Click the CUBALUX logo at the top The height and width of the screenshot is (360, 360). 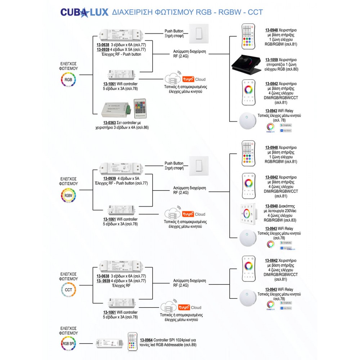tap(84, 12)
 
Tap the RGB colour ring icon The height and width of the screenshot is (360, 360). tap(68, 80)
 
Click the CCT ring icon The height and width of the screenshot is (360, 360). tap(68, 290)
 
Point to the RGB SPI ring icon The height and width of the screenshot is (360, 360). tap(68, 343)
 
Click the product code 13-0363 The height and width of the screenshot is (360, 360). tap(105, 123)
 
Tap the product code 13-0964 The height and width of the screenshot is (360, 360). tap(146, 340)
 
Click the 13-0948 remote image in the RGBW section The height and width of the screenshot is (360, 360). tap(248, 154)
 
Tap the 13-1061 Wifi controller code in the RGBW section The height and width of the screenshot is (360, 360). tap(109, 219)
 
